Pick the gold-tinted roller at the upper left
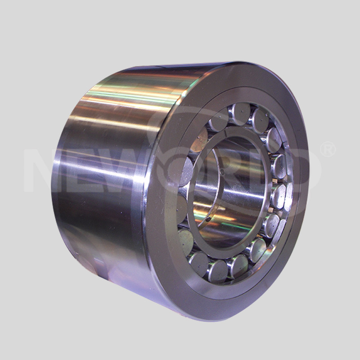tap(199, 139)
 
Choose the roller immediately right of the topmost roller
tap(260, 120)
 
